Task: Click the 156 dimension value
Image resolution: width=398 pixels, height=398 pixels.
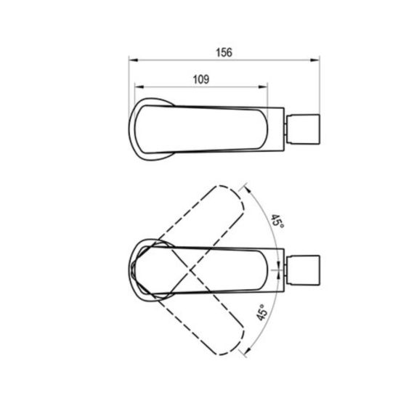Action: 224,52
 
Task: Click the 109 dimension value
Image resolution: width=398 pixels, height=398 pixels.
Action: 201,79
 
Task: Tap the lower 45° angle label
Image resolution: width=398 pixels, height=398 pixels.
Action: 262,312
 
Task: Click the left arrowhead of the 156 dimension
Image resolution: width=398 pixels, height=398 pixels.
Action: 133,60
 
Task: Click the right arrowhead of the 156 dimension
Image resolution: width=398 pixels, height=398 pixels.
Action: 314,60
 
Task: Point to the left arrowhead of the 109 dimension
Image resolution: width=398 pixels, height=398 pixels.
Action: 139,87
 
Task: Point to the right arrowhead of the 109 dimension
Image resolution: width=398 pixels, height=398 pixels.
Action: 263,87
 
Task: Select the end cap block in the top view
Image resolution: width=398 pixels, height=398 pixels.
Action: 303,129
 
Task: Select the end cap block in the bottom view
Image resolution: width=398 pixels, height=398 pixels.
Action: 303,270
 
